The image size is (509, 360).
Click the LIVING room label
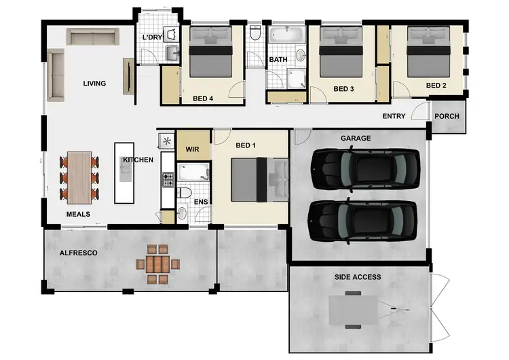pos(94,84)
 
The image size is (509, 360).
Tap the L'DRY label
pos(152,37)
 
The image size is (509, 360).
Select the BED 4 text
pos(203,98)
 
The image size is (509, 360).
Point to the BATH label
pos(278,60)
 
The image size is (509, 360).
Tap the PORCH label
pos(447,116)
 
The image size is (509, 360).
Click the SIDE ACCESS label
pos(358,277)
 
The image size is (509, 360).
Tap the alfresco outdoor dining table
pos(157,264)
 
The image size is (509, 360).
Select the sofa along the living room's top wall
pos(92,37)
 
